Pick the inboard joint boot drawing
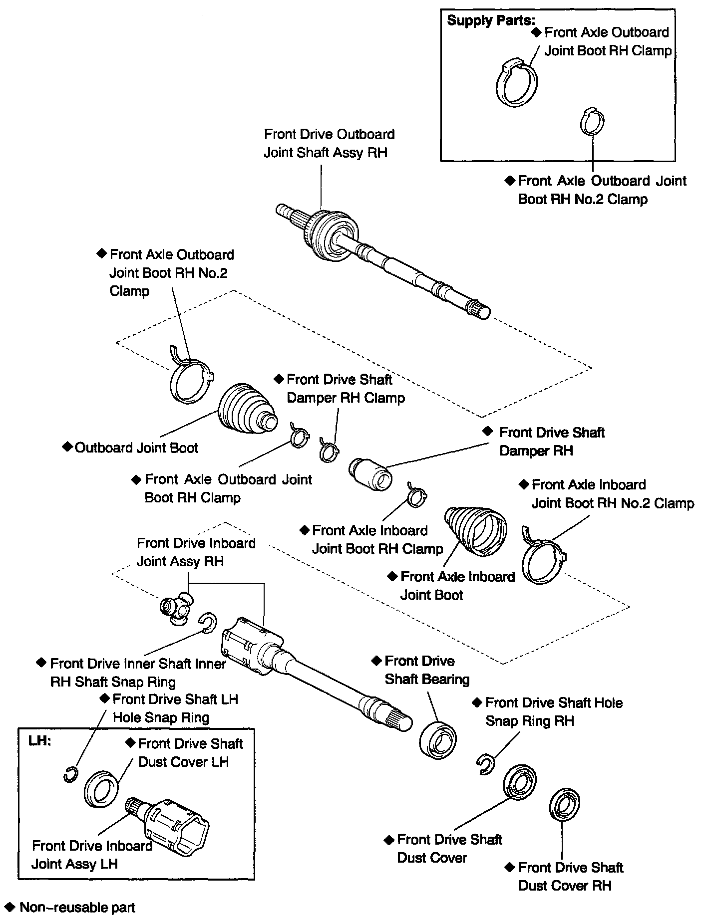click(476, 530)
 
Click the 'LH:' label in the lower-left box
click(39, 740)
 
